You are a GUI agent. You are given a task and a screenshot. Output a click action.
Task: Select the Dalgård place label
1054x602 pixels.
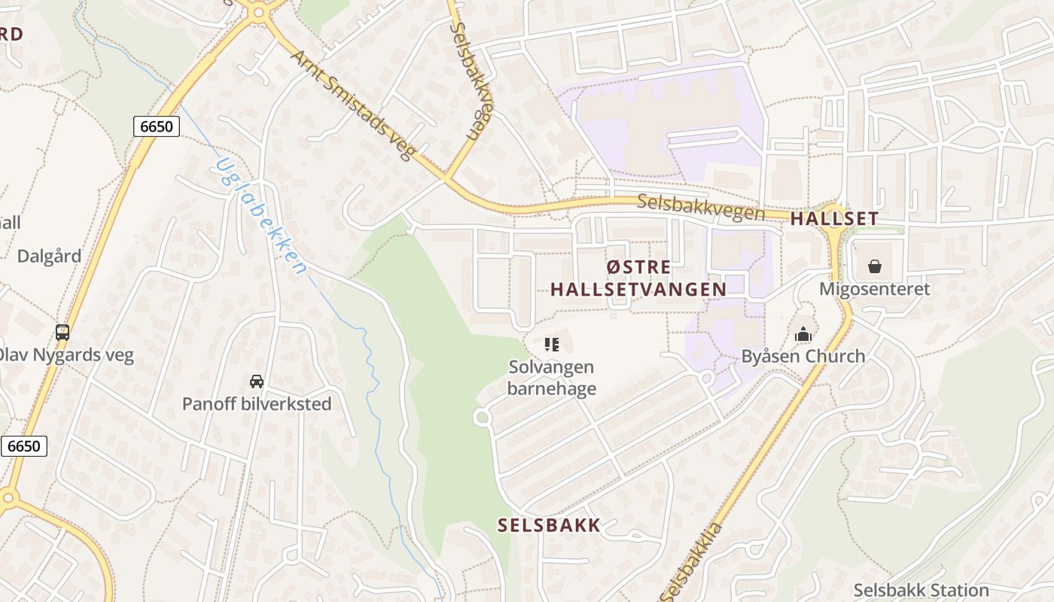pyautogui.click(x=49, y=256)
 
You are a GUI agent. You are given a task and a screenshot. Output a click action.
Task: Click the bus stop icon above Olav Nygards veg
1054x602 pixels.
pyautogui.click(x=62, y=332)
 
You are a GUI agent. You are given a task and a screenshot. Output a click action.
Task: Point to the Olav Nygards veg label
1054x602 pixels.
pyautogui.click(x=66, y=354)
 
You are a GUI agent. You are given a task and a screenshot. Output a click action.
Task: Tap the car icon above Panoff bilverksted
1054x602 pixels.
pyautogui.click(x=257, y=381)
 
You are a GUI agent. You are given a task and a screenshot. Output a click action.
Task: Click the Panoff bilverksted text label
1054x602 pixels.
pyautogui.click(x=257, y=404)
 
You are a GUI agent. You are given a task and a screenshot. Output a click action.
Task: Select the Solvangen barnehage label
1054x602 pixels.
pyautogui.click(x=552, y=378)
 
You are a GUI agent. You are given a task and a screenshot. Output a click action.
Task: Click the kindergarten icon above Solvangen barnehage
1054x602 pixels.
pyautogui.click(x=552, y=345)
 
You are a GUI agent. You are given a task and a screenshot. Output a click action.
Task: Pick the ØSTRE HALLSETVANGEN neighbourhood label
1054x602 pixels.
pyautogui.click(x=638, y=278)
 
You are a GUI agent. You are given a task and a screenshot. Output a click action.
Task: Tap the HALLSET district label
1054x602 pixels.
pyautogui.click(x=834, y=219)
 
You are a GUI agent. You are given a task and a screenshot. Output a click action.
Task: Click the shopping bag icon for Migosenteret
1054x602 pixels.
pyautogui.click(x=875, y=266)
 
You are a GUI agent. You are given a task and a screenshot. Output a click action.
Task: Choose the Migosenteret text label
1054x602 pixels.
pyautogui.click(x=875, y=289)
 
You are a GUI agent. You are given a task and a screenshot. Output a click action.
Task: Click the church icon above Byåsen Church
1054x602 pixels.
pyautogui.click(x=803, y=333)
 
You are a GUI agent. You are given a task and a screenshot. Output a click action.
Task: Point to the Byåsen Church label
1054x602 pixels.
pyautogui.click(x=803, y=356)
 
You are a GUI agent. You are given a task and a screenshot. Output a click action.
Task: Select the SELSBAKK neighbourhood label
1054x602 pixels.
pyautogui.click(x=549, y=525)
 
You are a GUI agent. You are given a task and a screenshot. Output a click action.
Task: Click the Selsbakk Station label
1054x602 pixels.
pyautogui.click(x=921, y=590)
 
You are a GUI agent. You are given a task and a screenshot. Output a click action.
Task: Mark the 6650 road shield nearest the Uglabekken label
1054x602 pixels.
pyautogui.click(x=157, y=126)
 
